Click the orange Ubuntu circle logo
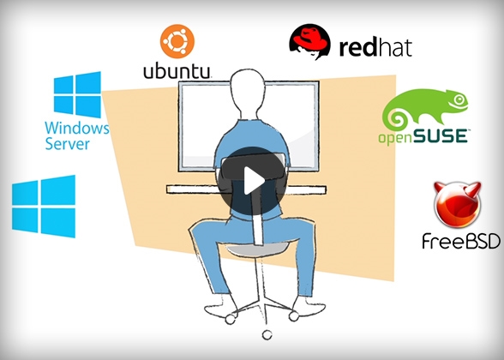tap(177, 41)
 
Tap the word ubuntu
tap(177, 71)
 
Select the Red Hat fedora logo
tap(309, 41)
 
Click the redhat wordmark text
tap(375, 47)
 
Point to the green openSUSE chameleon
tap(425, 110)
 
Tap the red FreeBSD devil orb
tap(457, 204)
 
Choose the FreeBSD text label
tap(461, 241)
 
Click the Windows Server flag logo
tap(77, 94)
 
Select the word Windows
tap(77, 129)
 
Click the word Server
tap(67, 144)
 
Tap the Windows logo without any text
tap(44, 207)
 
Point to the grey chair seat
tap(257, 249)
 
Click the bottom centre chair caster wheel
tap(267, 335)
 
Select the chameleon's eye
tap(459, 99)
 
